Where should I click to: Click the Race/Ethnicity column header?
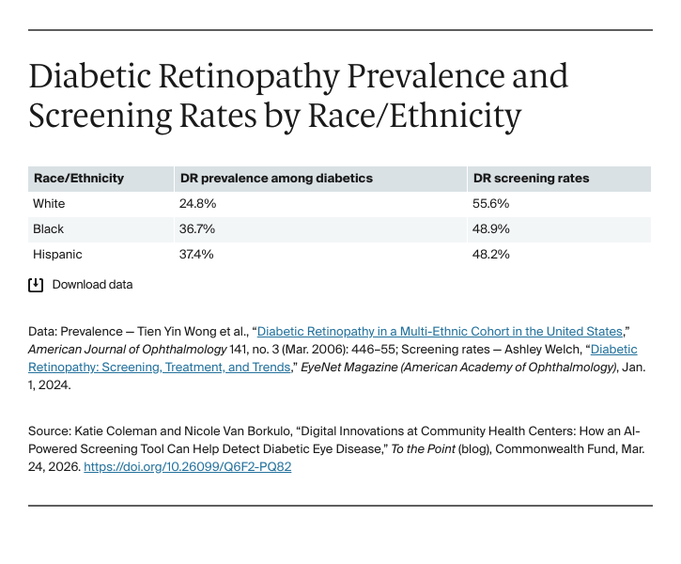coord(79,179)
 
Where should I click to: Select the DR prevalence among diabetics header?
coord(276,179)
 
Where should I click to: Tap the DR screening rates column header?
coord(531,179)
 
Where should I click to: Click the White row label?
coord(49,203)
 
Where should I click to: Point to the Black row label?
coord(48,228)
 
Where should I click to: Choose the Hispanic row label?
coord(57,254)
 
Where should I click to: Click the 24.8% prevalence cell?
coord(197,203)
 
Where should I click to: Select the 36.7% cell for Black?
coord(197,228)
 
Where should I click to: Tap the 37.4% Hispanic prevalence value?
coord(196,254)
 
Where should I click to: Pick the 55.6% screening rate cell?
coord(490,203)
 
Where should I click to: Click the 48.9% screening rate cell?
coord(490,228)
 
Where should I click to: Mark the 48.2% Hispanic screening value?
coord(490,254)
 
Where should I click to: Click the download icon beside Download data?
coord(36,285)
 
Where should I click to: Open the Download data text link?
coord(92,285)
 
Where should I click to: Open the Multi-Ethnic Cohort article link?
coord(440,332)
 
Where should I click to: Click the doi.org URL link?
coord(188,466)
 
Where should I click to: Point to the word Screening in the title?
coord(101,117)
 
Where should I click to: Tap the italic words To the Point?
coord(424,449)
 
